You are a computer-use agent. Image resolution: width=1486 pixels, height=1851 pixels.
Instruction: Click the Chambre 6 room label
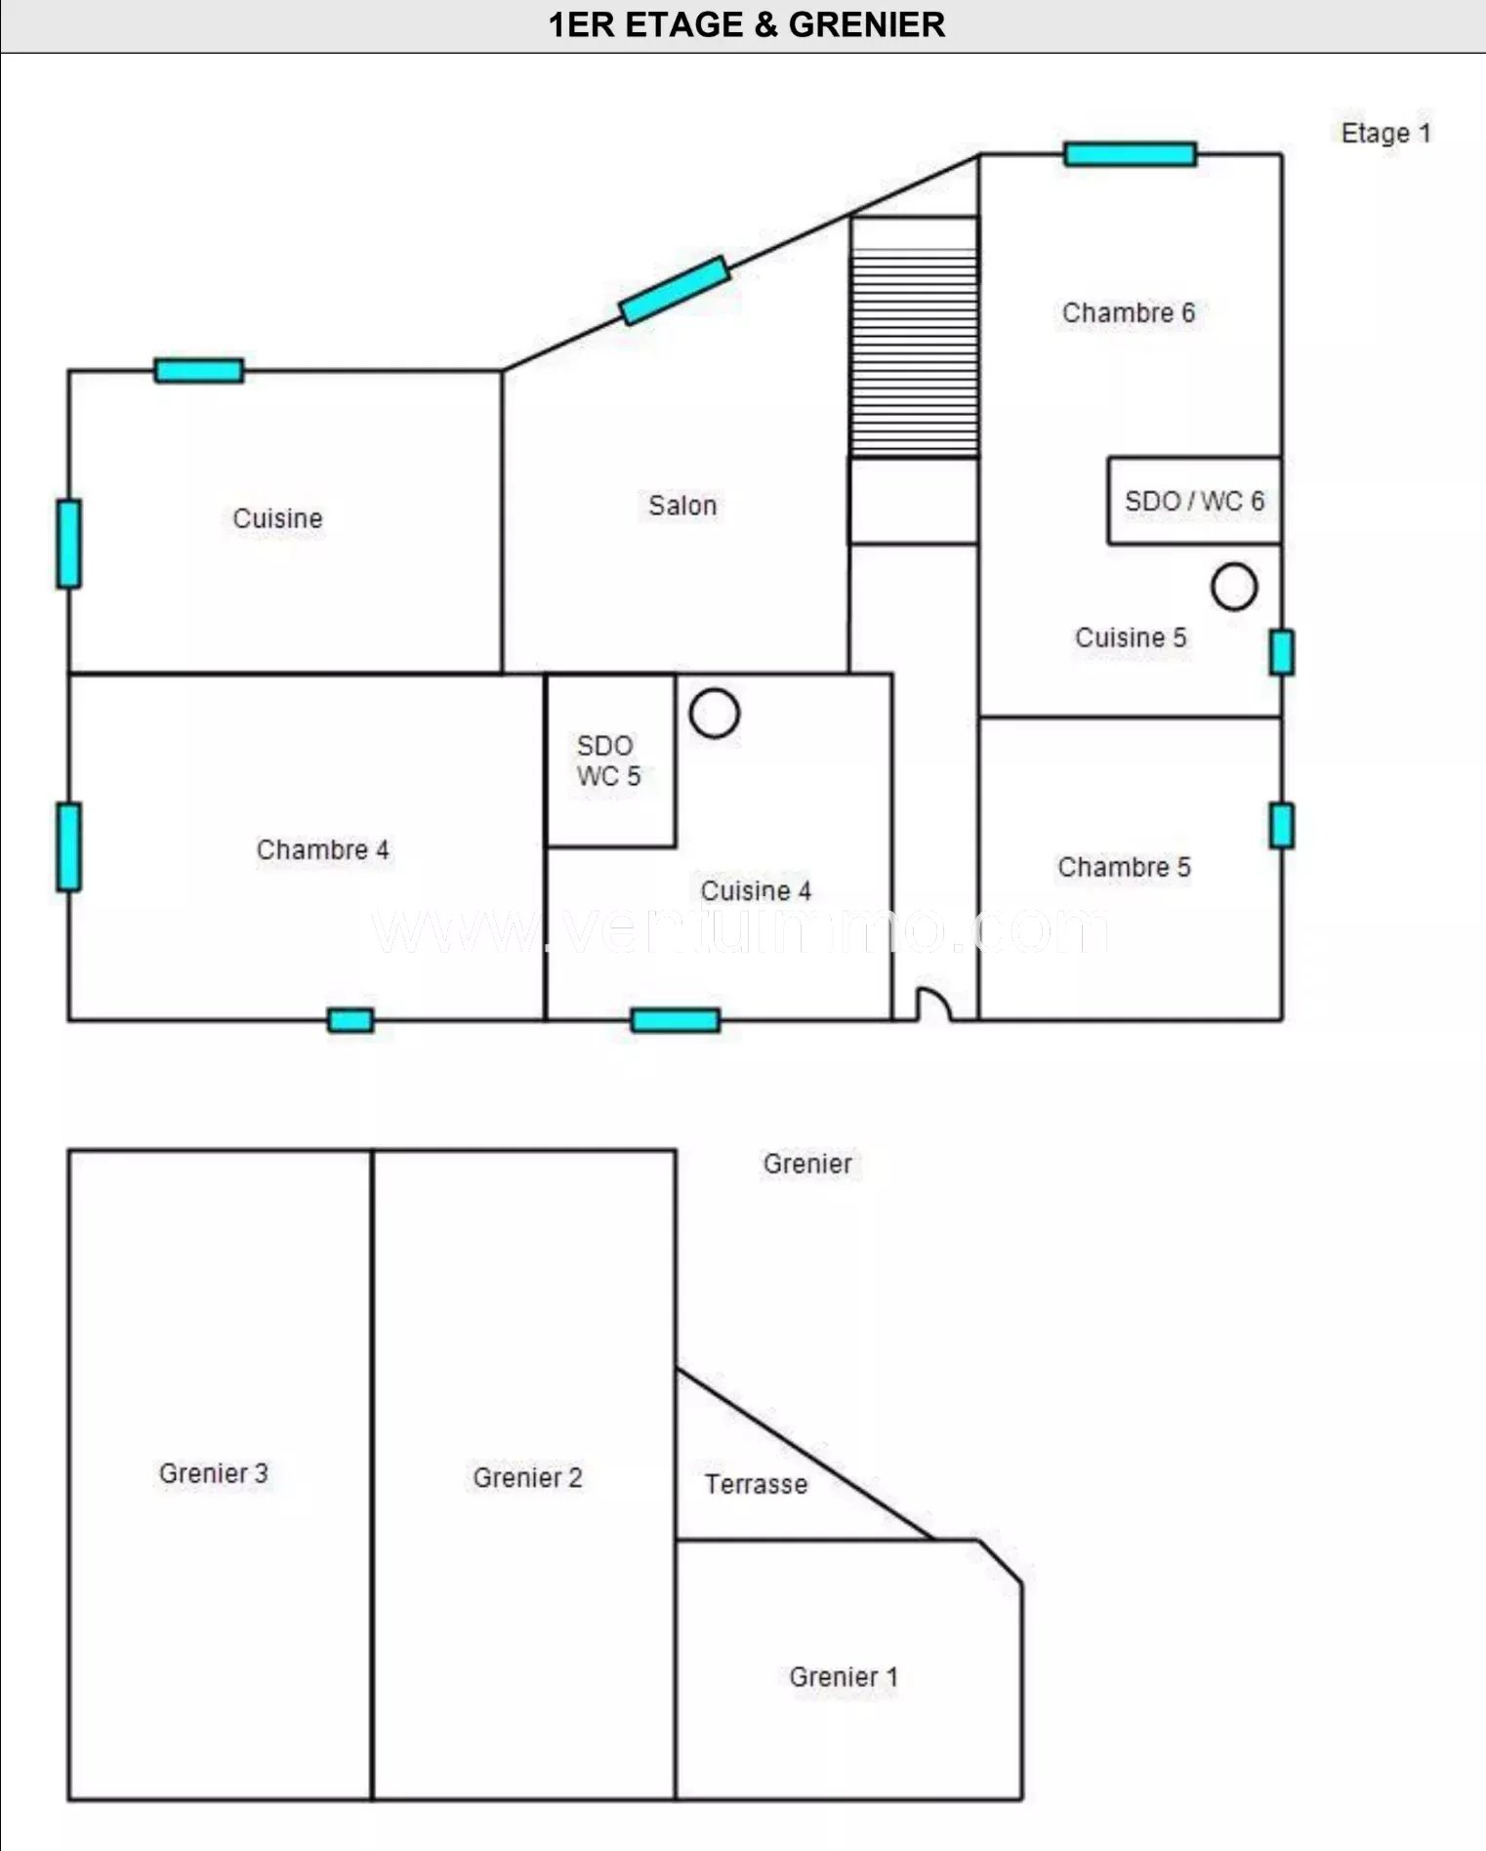1128,312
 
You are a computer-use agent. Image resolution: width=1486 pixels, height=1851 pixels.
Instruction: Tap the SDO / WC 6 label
1194,501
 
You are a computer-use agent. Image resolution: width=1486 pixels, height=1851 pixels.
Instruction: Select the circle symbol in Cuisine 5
1234,587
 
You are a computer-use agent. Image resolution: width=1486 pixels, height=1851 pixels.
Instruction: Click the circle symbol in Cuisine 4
715,713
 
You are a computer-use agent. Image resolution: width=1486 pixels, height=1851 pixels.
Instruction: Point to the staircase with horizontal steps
914,337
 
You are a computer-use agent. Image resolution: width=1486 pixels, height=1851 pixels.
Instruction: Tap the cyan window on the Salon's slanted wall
675,290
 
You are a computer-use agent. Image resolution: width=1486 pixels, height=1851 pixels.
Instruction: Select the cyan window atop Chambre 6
1131,154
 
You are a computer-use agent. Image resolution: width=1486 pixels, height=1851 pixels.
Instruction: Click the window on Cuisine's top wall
199,371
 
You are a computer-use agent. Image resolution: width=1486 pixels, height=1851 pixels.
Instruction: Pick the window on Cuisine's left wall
68,544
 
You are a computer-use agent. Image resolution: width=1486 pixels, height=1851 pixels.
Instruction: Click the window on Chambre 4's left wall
68,846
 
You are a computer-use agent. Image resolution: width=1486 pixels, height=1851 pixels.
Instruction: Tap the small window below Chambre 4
351,1020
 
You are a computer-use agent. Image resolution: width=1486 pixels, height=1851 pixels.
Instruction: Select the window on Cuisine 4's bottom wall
676,1020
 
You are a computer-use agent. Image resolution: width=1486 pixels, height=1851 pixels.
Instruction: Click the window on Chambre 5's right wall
1282,826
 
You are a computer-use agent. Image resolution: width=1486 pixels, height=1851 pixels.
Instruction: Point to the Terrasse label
757,1484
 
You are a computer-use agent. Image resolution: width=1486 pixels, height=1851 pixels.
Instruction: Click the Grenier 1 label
844,1677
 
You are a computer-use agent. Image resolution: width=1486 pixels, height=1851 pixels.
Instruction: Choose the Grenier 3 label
214,1473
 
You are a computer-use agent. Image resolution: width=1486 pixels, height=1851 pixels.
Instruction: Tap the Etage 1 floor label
1385,133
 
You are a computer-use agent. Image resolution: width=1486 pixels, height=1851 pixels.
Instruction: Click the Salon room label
682,506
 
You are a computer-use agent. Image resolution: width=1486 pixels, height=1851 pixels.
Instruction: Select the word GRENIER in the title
867,24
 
